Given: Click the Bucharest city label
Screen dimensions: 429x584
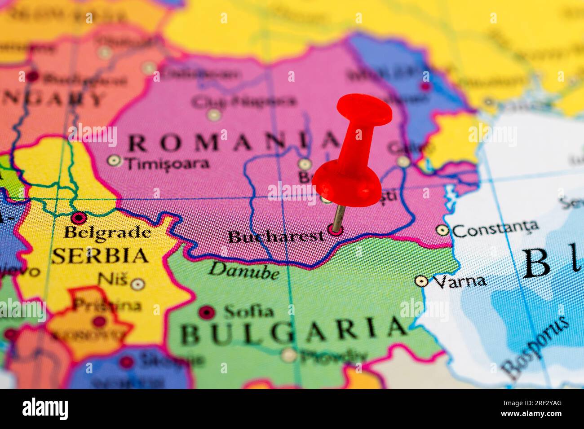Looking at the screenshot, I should click(276, 236).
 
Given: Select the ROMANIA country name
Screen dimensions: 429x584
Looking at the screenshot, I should click(234, 143).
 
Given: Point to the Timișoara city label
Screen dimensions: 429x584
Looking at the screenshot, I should click(168, 163).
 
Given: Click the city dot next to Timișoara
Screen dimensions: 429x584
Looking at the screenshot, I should click(114, 160).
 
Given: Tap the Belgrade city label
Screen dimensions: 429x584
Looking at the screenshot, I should click(107, 232).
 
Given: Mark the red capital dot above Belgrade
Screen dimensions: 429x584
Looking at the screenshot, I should click(79, 218).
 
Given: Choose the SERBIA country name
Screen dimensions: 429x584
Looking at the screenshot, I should click(100, 255).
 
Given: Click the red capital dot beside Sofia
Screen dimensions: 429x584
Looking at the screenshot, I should click(207, 312).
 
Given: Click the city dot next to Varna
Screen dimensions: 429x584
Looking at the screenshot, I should click(421, 281).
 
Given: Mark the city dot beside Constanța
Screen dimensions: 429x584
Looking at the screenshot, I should click(443, 230).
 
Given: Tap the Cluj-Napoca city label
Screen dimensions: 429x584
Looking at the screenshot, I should click(244, 101).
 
